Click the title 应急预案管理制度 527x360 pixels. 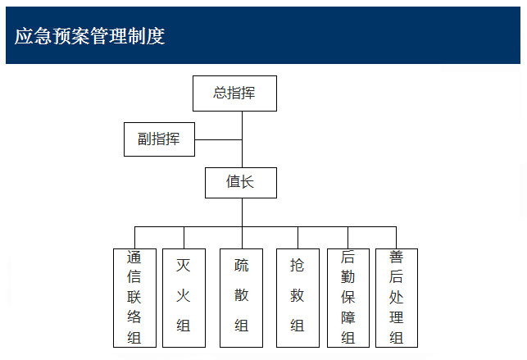[x=89, y=35]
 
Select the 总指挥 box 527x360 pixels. [x=234, y=93]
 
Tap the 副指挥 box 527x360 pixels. [x=159, y=139]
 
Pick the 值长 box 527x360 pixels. [x=241, y=183]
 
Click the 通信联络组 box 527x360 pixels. [x=134, y=298]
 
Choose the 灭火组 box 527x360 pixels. [x=184, y=298]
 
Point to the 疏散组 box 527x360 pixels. [x=241, y=298]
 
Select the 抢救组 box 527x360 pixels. [x=298, y=298]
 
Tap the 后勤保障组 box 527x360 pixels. [x=348, y=298]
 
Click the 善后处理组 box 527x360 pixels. [x=397, y=298]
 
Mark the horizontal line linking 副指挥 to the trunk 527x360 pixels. [x=219, y=139]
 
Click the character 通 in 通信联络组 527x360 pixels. [x=134, y=257]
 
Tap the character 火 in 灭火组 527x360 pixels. [x=184, y=295]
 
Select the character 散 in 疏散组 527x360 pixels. [x=241, y=295]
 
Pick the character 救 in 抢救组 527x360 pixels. [x=298, y=295]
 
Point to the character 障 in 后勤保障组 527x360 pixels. [x=348, y=317]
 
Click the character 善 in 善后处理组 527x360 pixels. [x=396, y=257]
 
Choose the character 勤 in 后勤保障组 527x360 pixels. [x=348, y=277]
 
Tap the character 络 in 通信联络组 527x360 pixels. [x=134, y=317]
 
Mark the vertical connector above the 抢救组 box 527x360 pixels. [x=298, y=238]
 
